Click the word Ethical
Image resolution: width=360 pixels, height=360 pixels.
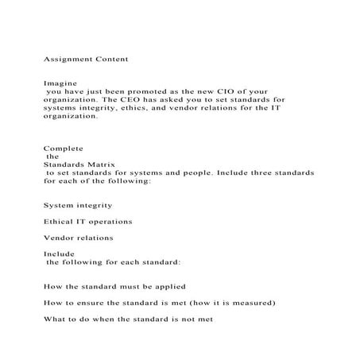(x=60, y=221)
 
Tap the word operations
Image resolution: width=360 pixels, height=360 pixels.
(x=110, y=221)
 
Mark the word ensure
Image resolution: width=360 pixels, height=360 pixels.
(x=95, y=303)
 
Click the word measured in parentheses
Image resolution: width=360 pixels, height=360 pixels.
(x=250, y=303)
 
